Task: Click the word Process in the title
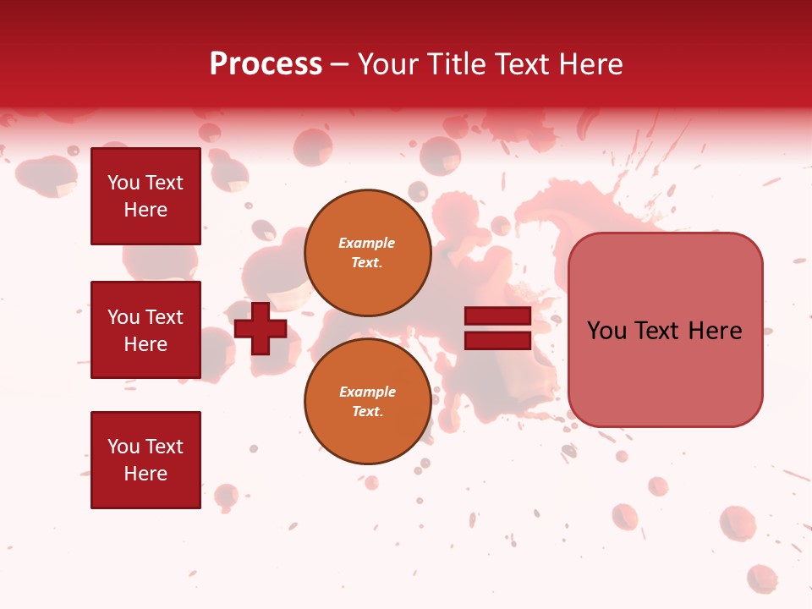tap(266, 64)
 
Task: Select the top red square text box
tap(145, 196)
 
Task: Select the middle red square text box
tap(145, 330)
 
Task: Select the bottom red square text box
tap(145, 459)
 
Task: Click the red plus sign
tap(261, 328)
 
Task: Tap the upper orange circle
tap(367, 253)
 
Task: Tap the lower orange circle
tap(367, 402)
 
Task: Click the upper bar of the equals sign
tap(498, 317)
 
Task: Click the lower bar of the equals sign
tap(498, 341)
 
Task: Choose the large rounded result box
tap(665, 372)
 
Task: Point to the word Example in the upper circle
tap(367, 243)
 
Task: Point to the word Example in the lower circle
tap(367, 392)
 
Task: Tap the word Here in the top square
tap(145, 210)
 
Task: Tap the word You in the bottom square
tap(123, 447)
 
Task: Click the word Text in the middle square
tap(164, 317)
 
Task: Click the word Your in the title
tap(389, 64)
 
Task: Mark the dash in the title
tap(340, 65)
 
